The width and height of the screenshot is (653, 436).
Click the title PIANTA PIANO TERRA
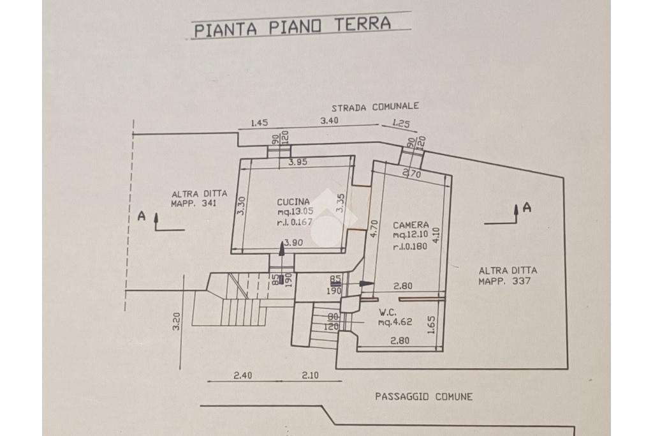tap(293, 26)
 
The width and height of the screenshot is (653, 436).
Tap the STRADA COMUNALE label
tap(375, 107)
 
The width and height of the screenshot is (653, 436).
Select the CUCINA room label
tap(293, 202)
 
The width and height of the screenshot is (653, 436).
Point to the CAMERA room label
tap(411, 225)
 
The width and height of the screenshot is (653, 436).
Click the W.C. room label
tap(387, 312)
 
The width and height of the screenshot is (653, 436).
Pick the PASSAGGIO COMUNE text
tap(424, 396)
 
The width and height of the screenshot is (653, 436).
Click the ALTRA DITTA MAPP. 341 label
tap(199, 199)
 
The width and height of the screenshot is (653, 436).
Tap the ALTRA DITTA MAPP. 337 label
tap(507, 276)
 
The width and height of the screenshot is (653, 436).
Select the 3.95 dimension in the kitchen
tap(298, 162)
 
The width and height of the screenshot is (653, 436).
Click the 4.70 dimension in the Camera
tap(374, 229)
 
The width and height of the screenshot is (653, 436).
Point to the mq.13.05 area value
tap(295, 212)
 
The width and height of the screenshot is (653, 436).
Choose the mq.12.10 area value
tap(411, 235)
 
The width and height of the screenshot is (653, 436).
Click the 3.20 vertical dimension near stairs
tap(177, 321)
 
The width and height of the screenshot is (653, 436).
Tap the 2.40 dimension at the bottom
tap(242, 375)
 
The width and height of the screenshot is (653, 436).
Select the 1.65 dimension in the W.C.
tap(431, 325)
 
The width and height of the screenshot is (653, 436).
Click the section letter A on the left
tap(142, 216)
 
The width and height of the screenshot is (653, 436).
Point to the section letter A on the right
tap(527, 207)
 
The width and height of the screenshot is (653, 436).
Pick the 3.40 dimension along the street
tap(328, 121)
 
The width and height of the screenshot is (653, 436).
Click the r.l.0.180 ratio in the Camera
tap(410, 246)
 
